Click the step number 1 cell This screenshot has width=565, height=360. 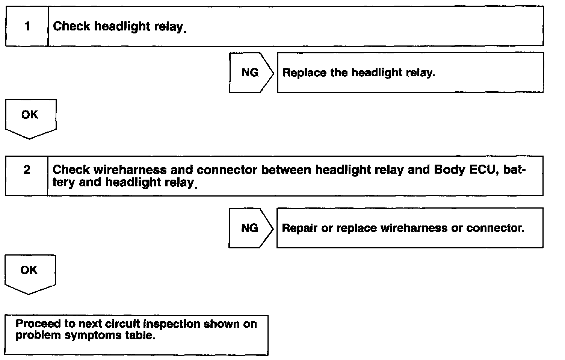click(x=27, y=26)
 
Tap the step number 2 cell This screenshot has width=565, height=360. click(x=26, y=176)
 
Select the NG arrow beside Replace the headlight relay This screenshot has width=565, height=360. click(x=251, y=73)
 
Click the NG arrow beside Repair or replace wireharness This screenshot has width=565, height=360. click(x=251, y=228)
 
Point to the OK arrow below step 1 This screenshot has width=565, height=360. click(x=31, y=119)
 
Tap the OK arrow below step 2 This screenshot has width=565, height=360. click(x=30, y=274)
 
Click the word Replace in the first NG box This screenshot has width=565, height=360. click(x=304, y=73)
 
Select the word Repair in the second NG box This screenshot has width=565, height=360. click(x=299, y=228)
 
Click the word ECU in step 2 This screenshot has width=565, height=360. click(x=484, y=170)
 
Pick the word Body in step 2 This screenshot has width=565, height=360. click(x=450, y=170)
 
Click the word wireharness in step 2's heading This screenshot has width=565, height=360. click(x=130, y=170)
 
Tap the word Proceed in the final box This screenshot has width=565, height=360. click(x=38, y=324)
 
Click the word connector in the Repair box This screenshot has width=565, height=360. click(x=496, y=228)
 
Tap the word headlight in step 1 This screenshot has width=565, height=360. click(x=122, y=27)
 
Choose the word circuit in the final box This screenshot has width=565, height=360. click(x=122, y=324)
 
